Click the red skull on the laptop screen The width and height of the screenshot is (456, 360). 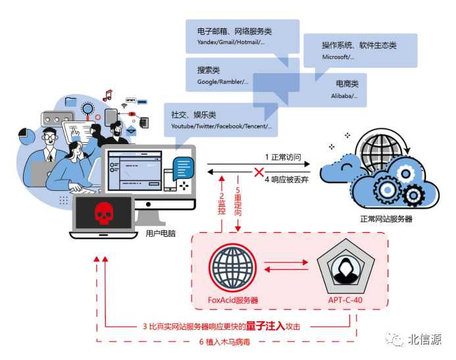point(102,213)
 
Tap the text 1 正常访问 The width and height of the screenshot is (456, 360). point(282,157)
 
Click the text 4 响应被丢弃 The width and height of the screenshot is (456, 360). point(287,178)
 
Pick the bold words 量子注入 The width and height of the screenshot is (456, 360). point(265,325)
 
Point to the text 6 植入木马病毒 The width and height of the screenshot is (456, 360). point(224,342)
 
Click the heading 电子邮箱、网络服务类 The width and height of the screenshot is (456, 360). point(234,31)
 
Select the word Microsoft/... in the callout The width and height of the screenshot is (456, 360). point(338,57)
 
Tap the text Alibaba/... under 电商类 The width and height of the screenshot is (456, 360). point(344,96)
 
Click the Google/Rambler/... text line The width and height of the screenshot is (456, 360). point(222,82)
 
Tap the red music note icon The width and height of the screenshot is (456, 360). point(107,95)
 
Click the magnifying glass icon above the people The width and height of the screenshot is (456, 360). point(86,107)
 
